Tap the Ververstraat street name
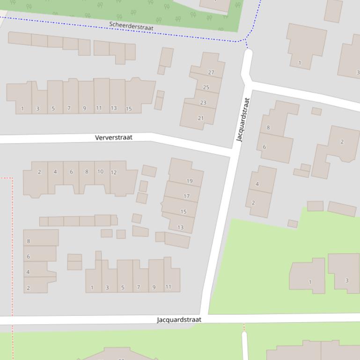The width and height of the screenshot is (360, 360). [x=114, y=137]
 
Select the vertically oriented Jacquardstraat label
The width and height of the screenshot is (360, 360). [x=243, y=120]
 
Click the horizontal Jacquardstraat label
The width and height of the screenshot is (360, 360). [x=179, y=320]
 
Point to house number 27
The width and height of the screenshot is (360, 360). [x=211, y=72]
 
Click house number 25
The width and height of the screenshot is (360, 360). [x=206, y=87]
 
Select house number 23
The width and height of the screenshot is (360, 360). [x=203, y=102]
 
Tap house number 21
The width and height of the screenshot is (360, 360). [x=201, y=118]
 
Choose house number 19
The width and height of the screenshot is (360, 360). [x=190, y=181]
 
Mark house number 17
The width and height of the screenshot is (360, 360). [x=187, y=196]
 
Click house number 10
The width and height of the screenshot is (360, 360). [x=100, y=172]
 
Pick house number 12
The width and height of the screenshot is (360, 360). [x=114, y=172]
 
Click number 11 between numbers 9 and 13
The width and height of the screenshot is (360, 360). [x=99, y=108]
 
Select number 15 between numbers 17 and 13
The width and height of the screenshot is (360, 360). [x=184, y=212]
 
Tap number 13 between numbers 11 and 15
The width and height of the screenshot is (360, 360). [x=114, y=108]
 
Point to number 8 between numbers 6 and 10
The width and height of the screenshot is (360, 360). [x=87, y=172]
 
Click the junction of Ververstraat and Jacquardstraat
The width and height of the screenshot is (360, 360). [x=233, y=152]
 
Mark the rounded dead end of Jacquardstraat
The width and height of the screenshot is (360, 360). [x=248, y=55]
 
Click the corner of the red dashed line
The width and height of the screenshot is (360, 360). [x=12, y=178]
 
